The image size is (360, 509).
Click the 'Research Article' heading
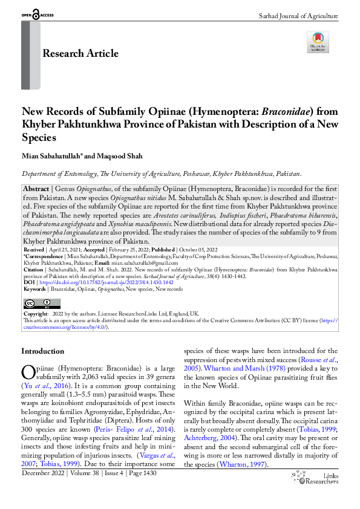click(x=80, y=54)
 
